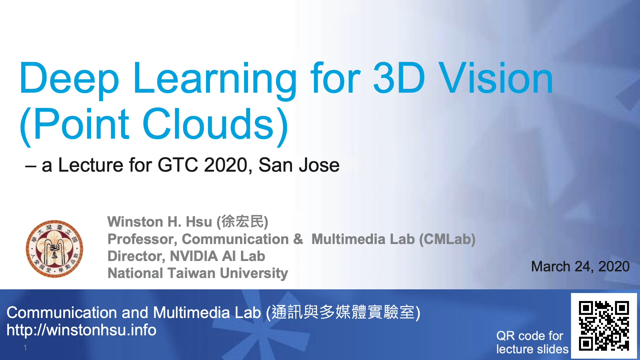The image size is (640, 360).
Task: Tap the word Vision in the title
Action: (496, 78)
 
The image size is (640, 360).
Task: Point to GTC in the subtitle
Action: (178, 165)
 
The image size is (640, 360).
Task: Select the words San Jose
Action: (299, 165)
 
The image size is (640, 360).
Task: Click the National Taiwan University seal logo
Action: (55, 249)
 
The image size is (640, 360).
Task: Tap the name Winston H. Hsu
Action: (160, 222)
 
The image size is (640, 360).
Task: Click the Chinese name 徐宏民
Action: (242, 222)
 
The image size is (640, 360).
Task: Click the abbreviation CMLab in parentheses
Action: (447, 239)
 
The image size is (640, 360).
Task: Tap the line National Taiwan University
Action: (198, 273)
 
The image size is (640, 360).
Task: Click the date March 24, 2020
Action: (580, 266)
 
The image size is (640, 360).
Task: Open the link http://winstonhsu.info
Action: (81, 330)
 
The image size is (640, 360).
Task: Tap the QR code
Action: (604, 326)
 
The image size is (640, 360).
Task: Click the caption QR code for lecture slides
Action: (532, 342)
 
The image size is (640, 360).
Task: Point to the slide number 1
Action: (25, 348)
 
